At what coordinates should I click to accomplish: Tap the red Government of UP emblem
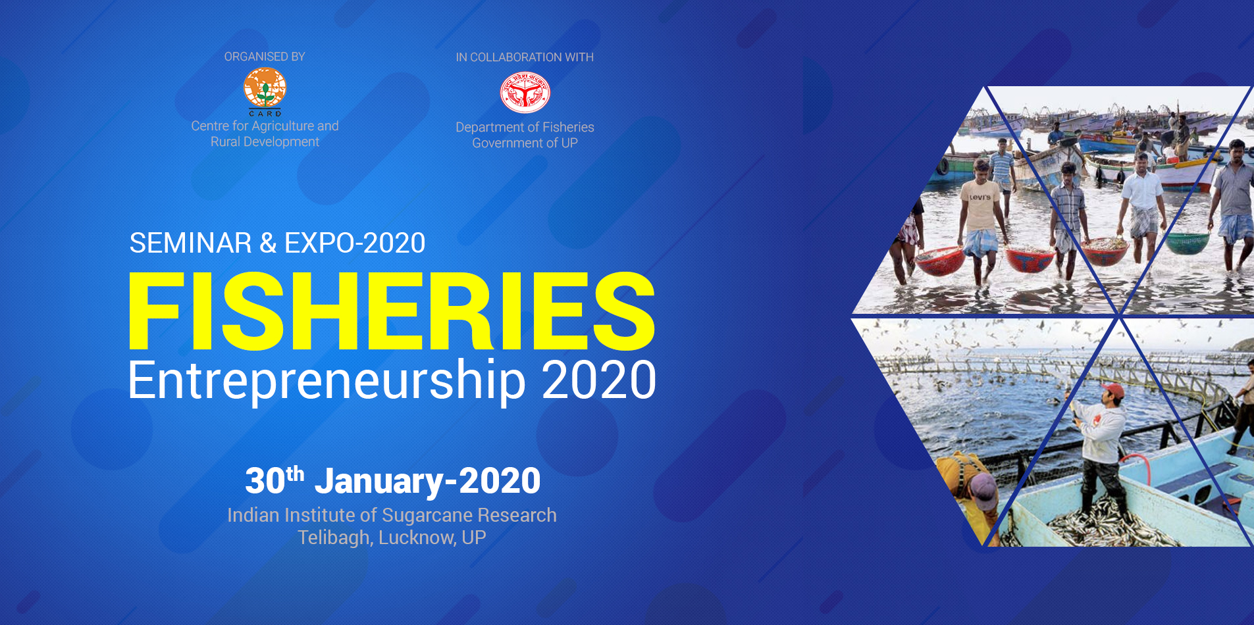tap(525, 93)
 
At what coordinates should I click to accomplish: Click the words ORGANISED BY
tap(265, 57)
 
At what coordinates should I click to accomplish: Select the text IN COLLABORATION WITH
tap(525, 57)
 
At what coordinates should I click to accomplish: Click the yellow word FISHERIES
tap(392, 311)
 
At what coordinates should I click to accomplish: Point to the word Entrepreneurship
tap(327, 381)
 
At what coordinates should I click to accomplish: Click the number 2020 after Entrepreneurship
tap(599, 380)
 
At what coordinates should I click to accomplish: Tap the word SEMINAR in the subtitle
tap(190, 243)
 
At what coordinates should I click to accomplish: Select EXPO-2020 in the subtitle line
tap(355, 243)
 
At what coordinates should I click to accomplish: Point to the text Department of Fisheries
tap(525, 127)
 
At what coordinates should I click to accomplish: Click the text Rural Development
tap(265, 141)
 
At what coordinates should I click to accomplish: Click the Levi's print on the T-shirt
tap(980, 197)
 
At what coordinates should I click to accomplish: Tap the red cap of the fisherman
tap(1112, 391)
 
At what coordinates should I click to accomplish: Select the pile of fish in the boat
tap(1112, 523)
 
